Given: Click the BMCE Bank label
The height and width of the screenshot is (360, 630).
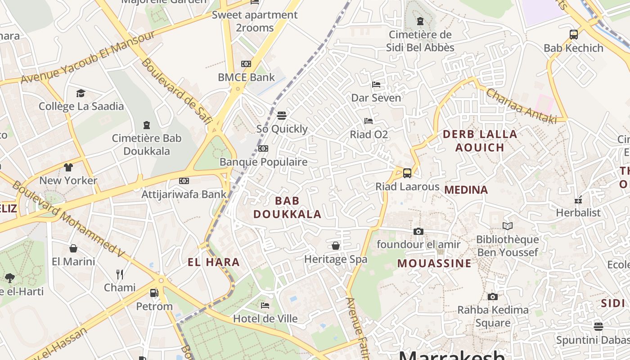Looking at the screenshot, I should [x=246, y=77].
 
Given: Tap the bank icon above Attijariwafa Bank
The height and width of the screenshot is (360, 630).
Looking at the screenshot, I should [x=184, y=181].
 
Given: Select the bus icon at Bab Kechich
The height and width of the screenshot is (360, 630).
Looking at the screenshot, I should [x=573, y=35].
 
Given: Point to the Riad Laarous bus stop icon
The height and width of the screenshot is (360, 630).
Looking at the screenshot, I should [x=407, y=173].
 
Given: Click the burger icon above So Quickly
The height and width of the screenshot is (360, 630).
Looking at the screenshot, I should [x=282, y=116].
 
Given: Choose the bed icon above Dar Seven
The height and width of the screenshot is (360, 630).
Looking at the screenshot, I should [x=376, y=85].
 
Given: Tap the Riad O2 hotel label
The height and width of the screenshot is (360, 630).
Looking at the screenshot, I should [x=369, y=135].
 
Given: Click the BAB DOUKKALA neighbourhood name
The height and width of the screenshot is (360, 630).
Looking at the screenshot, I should [x=287, y=207].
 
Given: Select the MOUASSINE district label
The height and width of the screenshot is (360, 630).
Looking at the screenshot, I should [x=434, y=263].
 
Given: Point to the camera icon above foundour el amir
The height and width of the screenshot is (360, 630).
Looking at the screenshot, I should [x=418, y=231].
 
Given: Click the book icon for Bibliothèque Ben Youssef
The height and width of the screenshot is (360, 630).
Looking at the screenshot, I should [x=508, y=226].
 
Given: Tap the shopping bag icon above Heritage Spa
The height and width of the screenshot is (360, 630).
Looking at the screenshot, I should [x=336, y=246].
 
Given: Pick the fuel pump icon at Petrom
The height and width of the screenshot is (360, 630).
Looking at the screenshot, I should [x=154, y=293].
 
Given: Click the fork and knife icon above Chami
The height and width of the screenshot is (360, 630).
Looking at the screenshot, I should [x=120, y=274].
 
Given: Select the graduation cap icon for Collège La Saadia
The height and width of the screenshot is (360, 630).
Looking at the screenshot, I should [x=81, y=93].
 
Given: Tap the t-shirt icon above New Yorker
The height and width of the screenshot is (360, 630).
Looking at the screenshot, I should [x=68, y=167].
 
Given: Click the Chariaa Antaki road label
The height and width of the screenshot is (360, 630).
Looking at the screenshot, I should [x=521, y=106].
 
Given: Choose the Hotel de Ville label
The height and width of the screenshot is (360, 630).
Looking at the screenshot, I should [x=265, y=319].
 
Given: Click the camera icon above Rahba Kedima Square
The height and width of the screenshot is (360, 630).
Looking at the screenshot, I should [x=493, y=297].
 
